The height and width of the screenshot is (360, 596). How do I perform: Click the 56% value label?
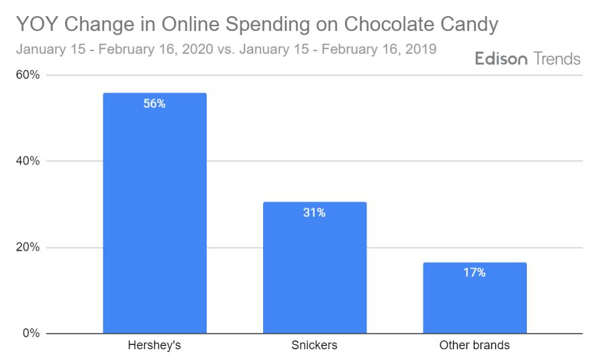pos(154,104)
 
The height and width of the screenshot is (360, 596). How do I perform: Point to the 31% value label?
pos(314,213)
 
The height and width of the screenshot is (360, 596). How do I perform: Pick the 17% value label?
pos(474,273)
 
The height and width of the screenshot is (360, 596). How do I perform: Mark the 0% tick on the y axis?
pos(31,333)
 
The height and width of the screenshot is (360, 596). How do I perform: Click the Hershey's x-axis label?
pos(154,346)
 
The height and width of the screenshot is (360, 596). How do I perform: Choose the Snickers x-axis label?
pos(314,346)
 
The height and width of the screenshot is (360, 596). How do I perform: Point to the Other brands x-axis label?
pos(474,346)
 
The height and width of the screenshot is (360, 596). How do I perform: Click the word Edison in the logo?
pos(502,59)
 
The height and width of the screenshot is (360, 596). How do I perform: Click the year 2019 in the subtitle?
pos(421,49)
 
